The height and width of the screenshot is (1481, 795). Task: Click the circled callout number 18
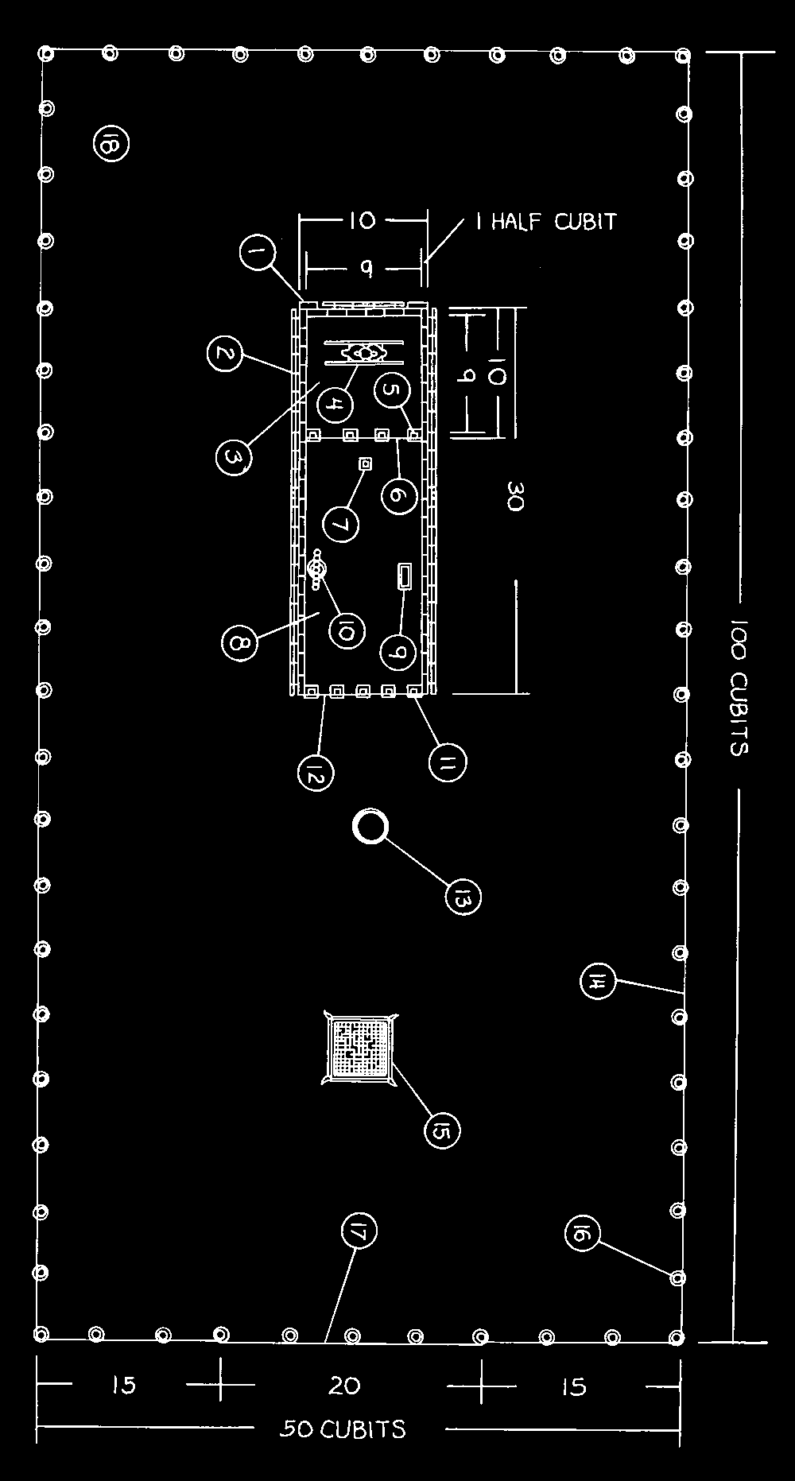111,144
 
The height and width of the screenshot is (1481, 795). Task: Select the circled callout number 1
256,255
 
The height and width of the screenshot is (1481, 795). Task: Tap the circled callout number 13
463,898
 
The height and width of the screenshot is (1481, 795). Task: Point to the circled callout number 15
442,1130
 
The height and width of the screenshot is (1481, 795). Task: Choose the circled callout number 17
359,1231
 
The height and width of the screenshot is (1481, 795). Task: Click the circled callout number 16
582,1233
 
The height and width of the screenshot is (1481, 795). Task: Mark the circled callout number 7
341,524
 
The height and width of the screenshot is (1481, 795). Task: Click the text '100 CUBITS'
739,688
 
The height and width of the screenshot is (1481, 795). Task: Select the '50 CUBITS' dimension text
344,1429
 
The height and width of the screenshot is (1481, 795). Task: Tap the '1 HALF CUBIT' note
545,221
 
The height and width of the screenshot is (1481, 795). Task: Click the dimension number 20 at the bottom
344,1386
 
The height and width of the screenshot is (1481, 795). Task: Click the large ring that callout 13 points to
370,828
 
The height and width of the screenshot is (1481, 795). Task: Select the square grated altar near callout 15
360,1049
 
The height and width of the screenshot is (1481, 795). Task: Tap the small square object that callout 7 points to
366,463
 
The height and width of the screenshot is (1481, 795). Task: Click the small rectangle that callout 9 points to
405,576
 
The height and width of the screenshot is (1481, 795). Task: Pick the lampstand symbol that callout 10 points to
317,570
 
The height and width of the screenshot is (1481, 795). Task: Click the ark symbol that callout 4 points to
365,352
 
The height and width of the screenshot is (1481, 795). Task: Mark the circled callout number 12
316,772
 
